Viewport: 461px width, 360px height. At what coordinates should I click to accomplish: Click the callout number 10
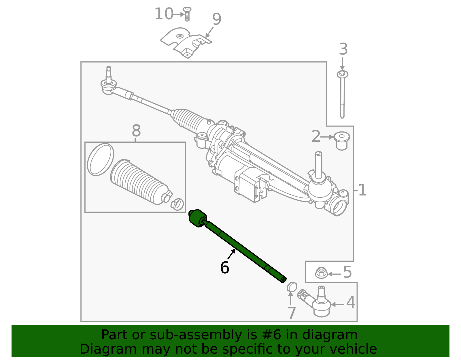164,14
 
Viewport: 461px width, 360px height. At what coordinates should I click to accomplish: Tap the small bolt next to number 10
187,14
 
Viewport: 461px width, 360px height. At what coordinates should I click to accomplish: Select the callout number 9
217,19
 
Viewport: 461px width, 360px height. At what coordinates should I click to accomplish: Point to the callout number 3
343,49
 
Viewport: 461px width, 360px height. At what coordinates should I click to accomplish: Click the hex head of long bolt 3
342,74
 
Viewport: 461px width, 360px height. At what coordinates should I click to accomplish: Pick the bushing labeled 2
342,140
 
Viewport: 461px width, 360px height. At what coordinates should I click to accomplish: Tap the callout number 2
316,137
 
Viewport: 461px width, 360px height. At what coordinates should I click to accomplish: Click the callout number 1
362,190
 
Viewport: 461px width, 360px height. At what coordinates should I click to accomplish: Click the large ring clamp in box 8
100,159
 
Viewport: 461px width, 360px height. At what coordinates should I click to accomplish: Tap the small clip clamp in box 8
177,203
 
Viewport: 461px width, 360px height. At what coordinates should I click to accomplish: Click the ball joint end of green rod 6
198,218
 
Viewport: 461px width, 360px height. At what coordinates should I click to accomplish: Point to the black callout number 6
224,268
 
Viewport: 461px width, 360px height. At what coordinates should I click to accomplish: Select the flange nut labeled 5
321,273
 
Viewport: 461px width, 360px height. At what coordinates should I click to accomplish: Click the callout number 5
347,272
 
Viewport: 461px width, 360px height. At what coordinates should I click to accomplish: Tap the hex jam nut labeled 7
292,287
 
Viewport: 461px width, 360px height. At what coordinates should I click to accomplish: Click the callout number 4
350,303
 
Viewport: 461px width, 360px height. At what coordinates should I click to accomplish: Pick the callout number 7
292,313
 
